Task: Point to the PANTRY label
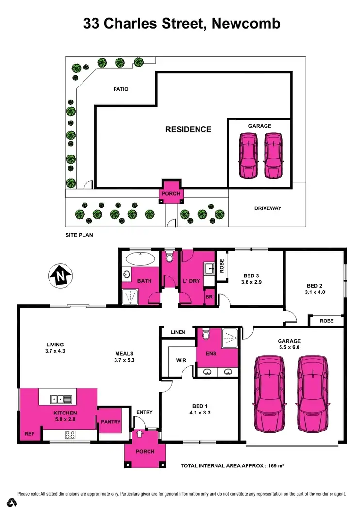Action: pyautogui.click(x=111, y=422)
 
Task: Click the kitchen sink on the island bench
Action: pyautogui.click(x=62, y=399)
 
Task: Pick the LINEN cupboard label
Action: pyautogui.click(x=178, y=332)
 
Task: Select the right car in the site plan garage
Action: pyautogui.click(x=273, y=156)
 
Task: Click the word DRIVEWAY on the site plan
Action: pyautogui.click(x=267, y=208)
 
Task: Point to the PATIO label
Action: pyautogui.click(x=121, y=89)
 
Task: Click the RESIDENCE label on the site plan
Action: pyautogui.click(x=188, y=129)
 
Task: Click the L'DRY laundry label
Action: pyautogui.click(x=192, y=281)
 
